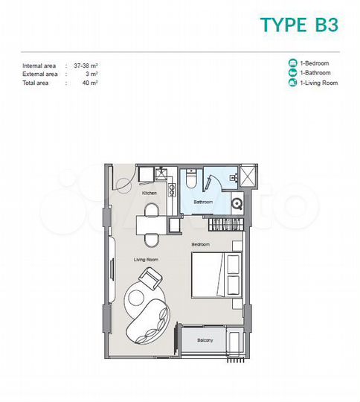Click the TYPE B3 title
(x=299, y=25)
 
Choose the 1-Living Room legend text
(x=318, y=83)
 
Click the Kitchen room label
(x=149, y=194)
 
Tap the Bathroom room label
(x=203, y=202)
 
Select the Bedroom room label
(x=200, y=244)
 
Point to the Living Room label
(x=144, y=259)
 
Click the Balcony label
(x=205, y=341)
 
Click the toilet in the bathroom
(x=192, y=179)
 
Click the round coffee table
(x=135, y=297)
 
